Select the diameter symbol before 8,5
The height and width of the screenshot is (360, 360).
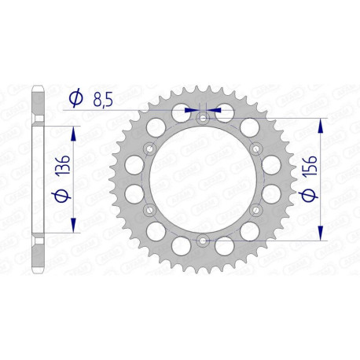tap(76, 98)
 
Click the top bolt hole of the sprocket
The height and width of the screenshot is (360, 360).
tap(203, 118)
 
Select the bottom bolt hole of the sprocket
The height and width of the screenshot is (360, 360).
tap(203, 240)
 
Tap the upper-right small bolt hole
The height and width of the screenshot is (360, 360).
tap(255, 149)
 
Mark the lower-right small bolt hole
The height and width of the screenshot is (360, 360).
tap(255, 209)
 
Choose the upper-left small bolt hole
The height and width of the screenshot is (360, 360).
tap(150, 149)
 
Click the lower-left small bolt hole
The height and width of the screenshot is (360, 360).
tap(150, 209)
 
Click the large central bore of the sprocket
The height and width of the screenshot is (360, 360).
tap(203, 179)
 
